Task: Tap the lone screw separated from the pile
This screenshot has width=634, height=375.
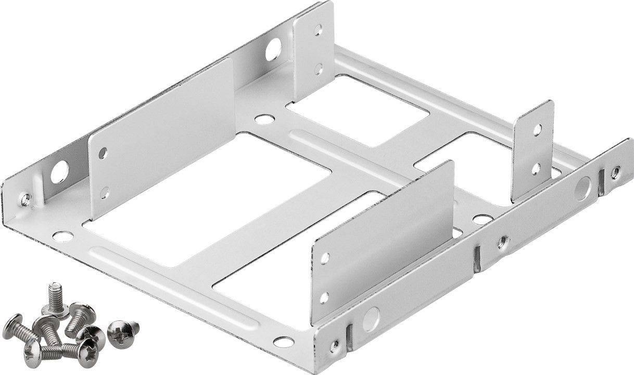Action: [x=123, y=329]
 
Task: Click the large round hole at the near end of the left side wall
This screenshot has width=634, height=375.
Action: [x=59, y=172]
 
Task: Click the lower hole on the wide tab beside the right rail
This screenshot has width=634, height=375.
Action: [x=324, y=297]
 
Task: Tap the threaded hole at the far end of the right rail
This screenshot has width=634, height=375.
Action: [x=615, y=172]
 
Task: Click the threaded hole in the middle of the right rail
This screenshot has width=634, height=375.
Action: [x=502, y=241]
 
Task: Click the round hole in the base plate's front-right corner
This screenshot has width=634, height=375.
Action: [x=283, y=342]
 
